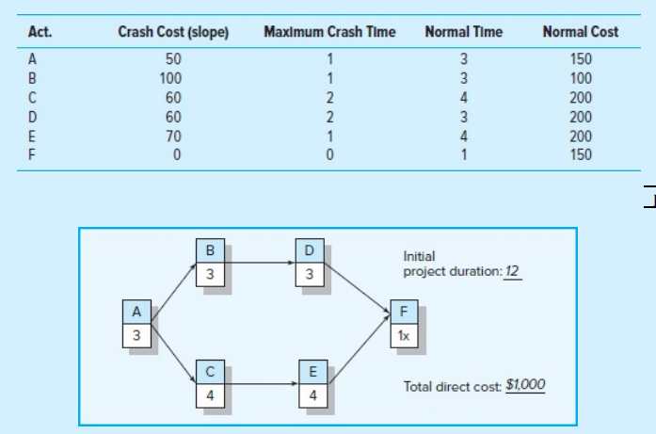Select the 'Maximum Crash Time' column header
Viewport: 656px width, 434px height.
pyautogui.click(x=329, y=32)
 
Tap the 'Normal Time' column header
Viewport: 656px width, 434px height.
pyautogui.click(x=463, y=32)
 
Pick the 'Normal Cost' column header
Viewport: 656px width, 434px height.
pyautogui.click(x=581, y=32)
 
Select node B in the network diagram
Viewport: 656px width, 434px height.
pyautogui.click(x=210, y=261)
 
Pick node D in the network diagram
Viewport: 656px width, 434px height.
pyautogui.click(x=310, y=261)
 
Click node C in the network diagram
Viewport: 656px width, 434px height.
pyautogui.click(x=210, y=383)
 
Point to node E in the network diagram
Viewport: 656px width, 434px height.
pyautogui.click(x=310, y=383)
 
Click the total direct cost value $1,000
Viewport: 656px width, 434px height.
pyautogui.click(x=525, y=385)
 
